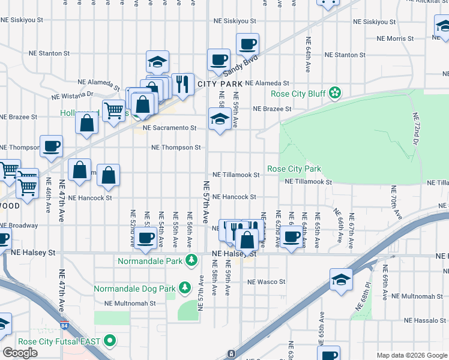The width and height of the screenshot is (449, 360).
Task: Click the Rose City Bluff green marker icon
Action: point(335,93)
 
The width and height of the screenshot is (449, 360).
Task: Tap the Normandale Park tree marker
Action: point(191,260)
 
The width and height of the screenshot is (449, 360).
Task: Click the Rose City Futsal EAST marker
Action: point(109,341)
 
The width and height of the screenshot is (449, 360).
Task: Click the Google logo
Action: point(20,352)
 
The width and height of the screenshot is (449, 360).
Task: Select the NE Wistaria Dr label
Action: point(73,94)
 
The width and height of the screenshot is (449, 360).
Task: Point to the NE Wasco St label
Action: point(266,281)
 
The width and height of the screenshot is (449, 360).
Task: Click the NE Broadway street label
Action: point(19,226)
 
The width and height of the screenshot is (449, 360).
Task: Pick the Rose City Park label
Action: point(294,169)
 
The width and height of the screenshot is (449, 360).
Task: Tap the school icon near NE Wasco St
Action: point(340,279)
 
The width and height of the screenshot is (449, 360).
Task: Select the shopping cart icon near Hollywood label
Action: point(113,109)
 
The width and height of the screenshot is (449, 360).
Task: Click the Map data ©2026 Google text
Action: point(412,355)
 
